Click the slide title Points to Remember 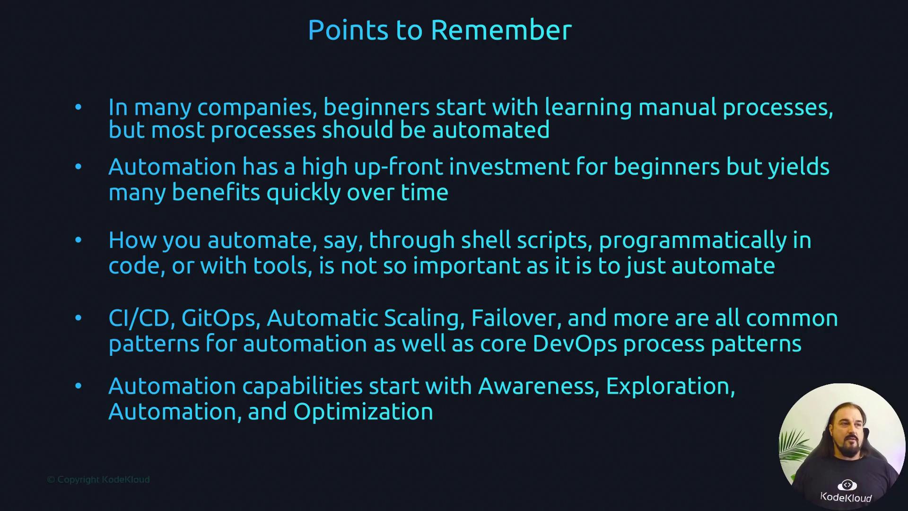pyautogui.click(x=440, y=30)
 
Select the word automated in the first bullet pyautogui.click(x=491, y=130)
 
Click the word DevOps pyautogui.click(x=575, y=344)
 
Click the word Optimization pyautogui.click(x=363, y=412)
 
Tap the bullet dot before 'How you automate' pyautogui.click(x=79, y=240)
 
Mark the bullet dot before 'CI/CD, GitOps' pyautogui.click(x=79, y=317)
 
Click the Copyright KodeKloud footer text pyautogui.click(x=98, y=480)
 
